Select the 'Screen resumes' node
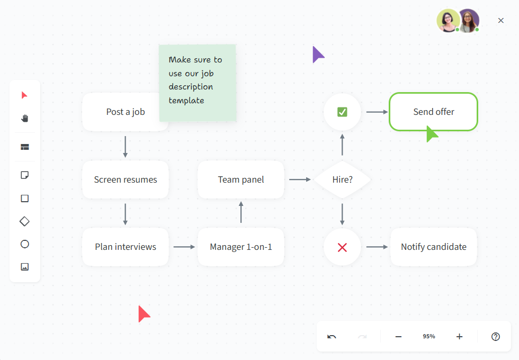coord(126,179)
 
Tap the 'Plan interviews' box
coord(126,247)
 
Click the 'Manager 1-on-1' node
coord(241,247)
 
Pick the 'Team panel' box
coord(241,179)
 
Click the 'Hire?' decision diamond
coord(342,179)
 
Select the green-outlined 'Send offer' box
coord(433,112)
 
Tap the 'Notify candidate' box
coord(433,247)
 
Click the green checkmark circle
coord(342,112)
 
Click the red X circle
coord(342,247)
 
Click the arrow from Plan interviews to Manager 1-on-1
coord(184,247)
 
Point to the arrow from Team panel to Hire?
coord(300,179)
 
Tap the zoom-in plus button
coord(459,337)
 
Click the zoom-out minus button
coord(398,337)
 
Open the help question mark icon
coord(496,337)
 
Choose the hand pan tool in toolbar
coord(24,118)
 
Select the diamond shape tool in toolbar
coord(24,221)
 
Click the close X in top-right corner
coord(501,21)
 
